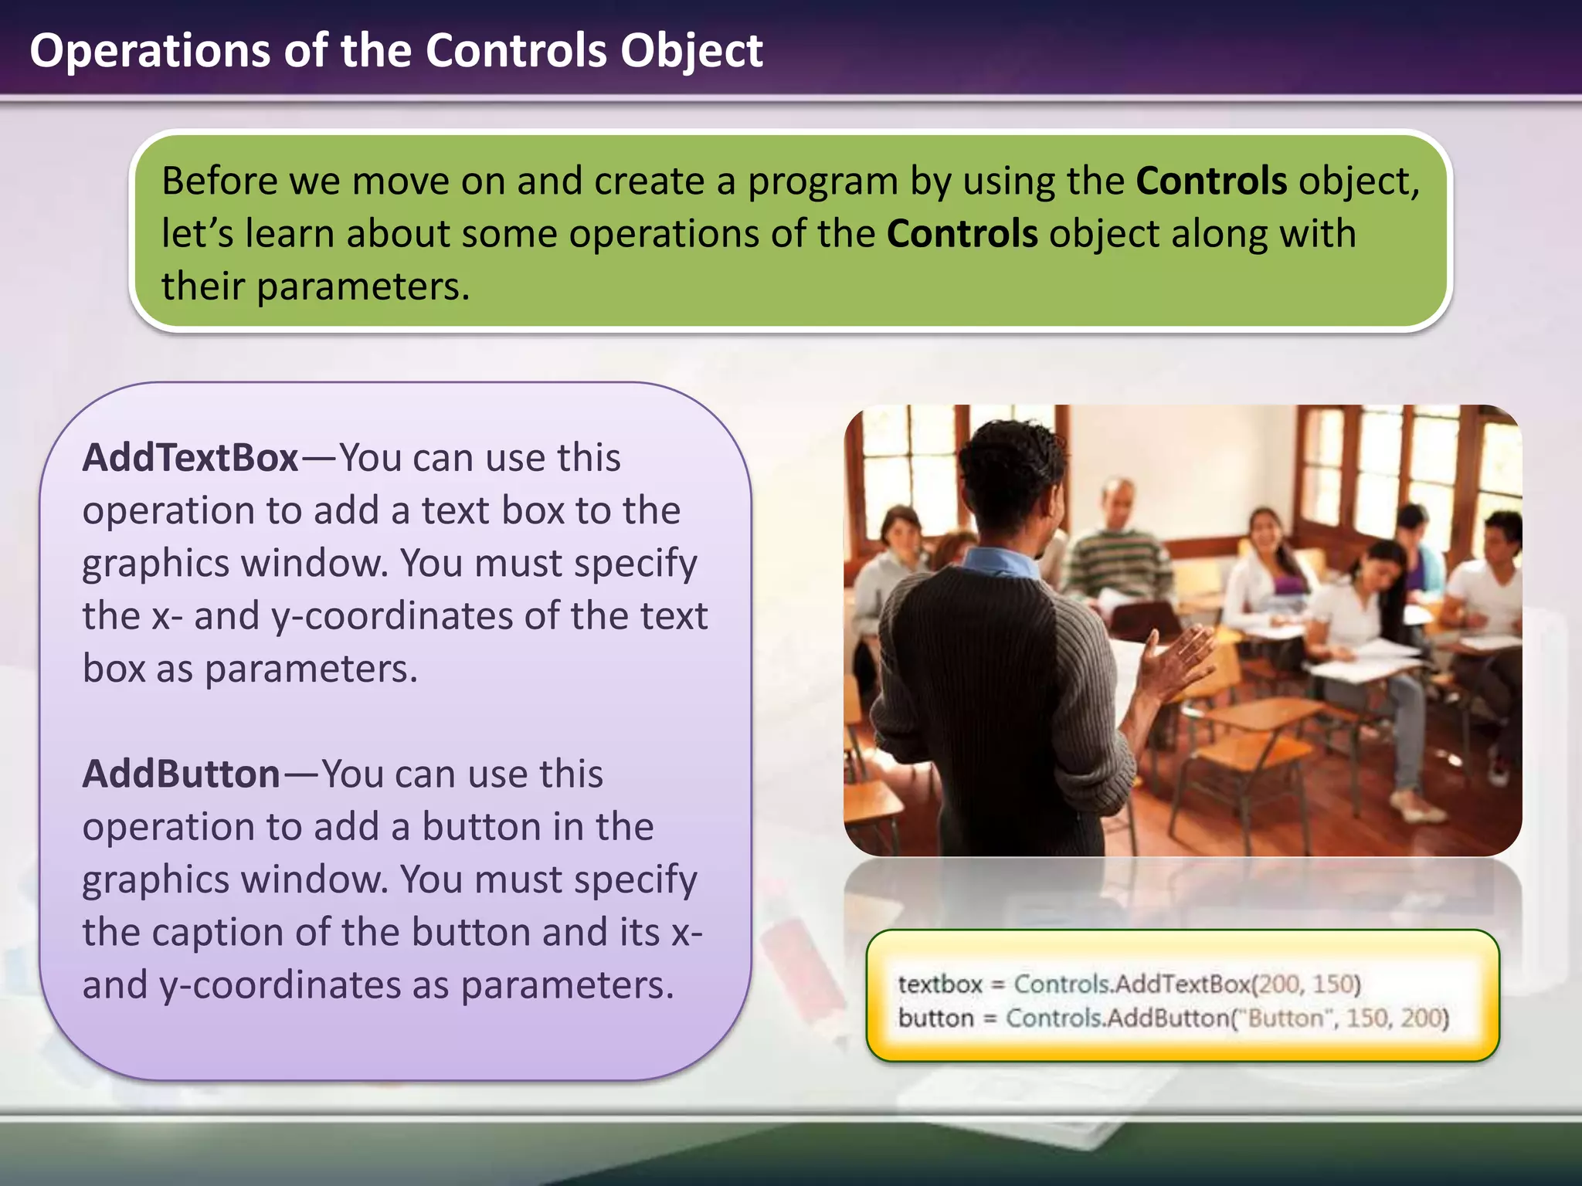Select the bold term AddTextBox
tap(190, 458)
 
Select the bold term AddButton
tap(181, 774)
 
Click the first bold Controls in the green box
tap(1211, 181)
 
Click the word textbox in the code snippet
tap(939, 984)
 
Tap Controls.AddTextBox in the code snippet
tap(1132, 984)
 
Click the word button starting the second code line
tap(935, 1018)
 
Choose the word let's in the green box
tap(197, 234)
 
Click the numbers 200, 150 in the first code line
tap(1305, 984)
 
